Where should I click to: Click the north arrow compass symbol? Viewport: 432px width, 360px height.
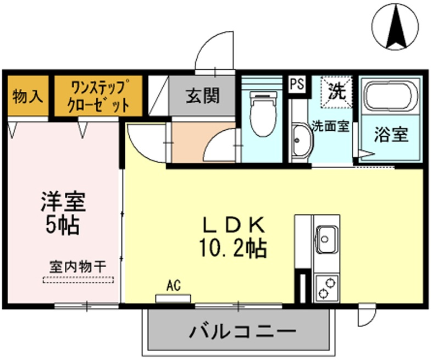(x=395, y=26)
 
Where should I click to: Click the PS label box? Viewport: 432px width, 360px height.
(x=297, y=84)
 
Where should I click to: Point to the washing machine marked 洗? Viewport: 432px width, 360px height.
(x=336, y=91)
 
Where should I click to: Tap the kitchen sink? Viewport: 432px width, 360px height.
(x=326, y=238)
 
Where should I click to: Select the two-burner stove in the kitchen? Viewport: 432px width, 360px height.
(x=326, y=289)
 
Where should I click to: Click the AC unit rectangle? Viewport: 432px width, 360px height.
(x=173, y=298)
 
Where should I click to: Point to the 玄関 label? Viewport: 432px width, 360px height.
(x=203, y=95)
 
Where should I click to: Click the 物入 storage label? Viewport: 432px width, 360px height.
(x=27, y=96)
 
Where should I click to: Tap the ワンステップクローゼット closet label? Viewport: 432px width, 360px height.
(x=98, y=95)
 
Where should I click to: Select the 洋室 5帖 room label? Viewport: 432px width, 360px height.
(x=63, y=213)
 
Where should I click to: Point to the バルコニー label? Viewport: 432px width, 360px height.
(x=242, y=330)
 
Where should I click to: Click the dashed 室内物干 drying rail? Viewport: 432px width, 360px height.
(x=78, y=280)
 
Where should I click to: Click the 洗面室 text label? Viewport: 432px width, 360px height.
(x=331, y=126)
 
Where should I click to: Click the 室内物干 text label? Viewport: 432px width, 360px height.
(x=78, y=267)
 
